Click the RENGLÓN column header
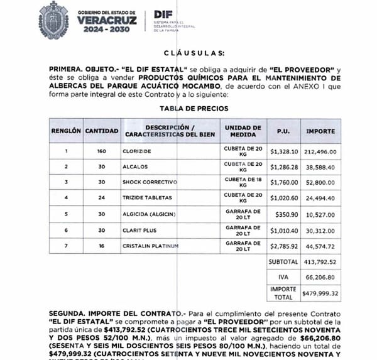(x=65, y=131)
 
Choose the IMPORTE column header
(x=320, y=131)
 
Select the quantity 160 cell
(x=101, y=151)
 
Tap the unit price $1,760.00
(x=283, y=182)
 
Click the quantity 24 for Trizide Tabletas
(x=101, y=198)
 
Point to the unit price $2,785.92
(x=283, y=246)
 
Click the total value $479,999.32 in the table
(x=320, y=293)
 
